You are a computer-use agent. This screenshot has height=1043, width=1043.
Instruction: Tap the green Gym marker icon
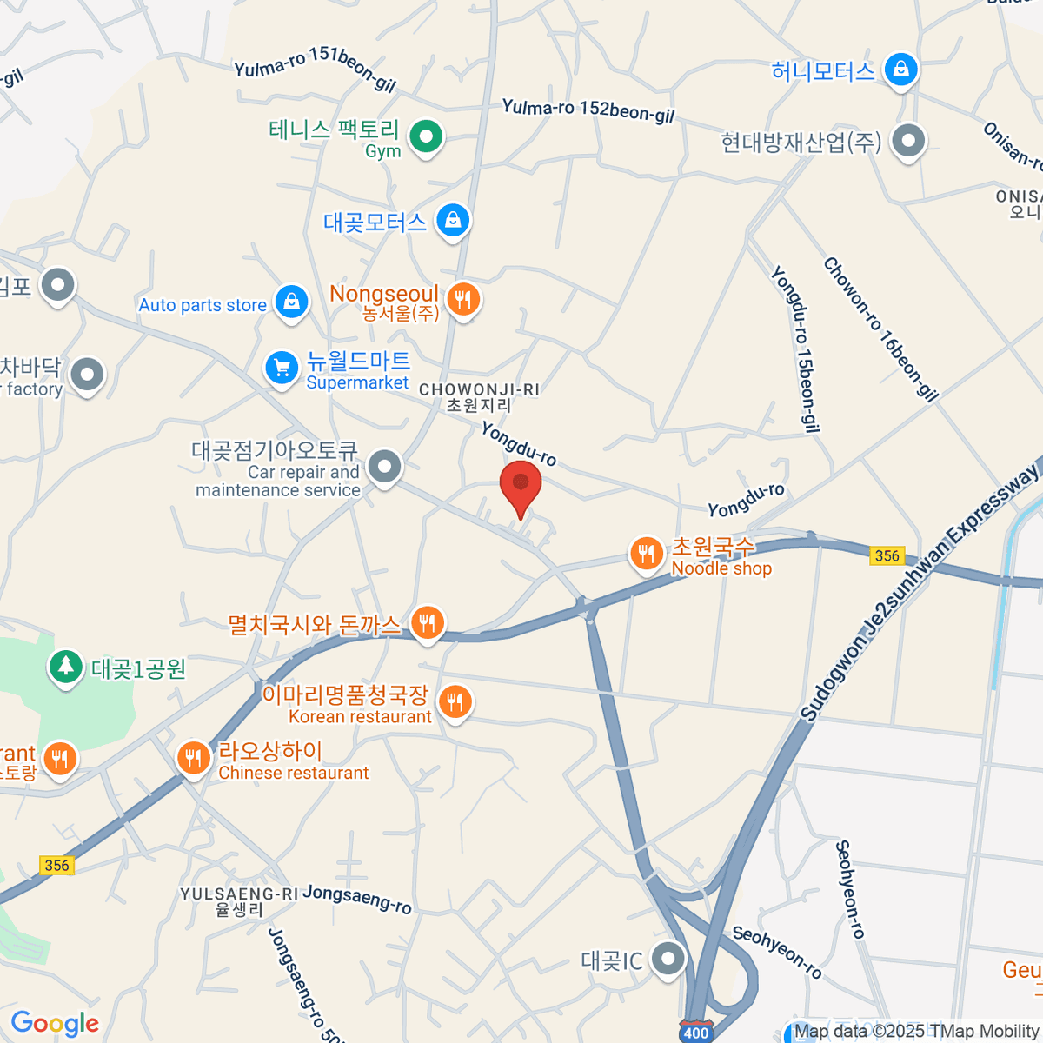(x=426, y=136)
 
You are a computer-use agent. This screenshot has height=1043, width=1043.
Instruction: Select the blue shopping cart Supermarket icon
(x=282, y=368)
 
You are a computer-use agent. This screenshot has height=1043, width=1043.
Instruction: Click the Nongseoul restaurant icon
(x=463, y=300)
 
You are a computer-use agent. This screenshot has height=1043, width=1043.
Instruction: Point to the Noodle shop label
(x=721, y=568)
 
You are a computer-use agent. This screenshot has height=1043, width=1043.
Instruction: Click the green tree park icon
(x=65, y=667)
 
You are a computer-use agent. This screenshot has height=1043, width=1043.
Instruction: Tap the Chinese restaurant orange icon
(x=193, y=758)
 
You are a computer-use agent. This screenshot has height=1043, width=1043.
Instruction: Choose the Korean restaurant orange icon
(x=455, y=701)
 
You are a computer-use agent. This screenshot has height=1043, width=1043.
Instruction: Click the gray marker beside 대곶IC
(x=668, y=960)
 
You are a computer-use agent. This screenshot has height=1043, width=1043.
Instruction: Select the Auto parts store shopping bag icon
(x=291, y=302)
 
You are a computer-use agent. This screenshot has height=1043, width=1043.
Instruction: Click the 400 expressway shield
(x=695, y=1033)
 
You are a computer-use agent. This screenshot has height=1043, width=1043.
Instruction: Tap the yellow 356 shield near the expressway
(x=887, y=555)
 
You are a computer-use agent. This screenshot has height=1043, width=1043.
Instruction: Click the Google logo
(x=55, y=1024)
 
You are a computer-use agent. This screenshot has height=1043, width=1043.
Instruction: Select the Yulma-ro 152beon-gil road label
(x=588, y=110)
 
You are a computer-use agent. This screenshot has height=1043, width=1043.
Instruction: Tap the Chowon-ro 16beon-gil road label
(x=880, y=329)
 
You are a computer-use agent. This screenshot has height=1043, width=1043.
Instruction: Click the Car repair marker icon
(x=384, y=467)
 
